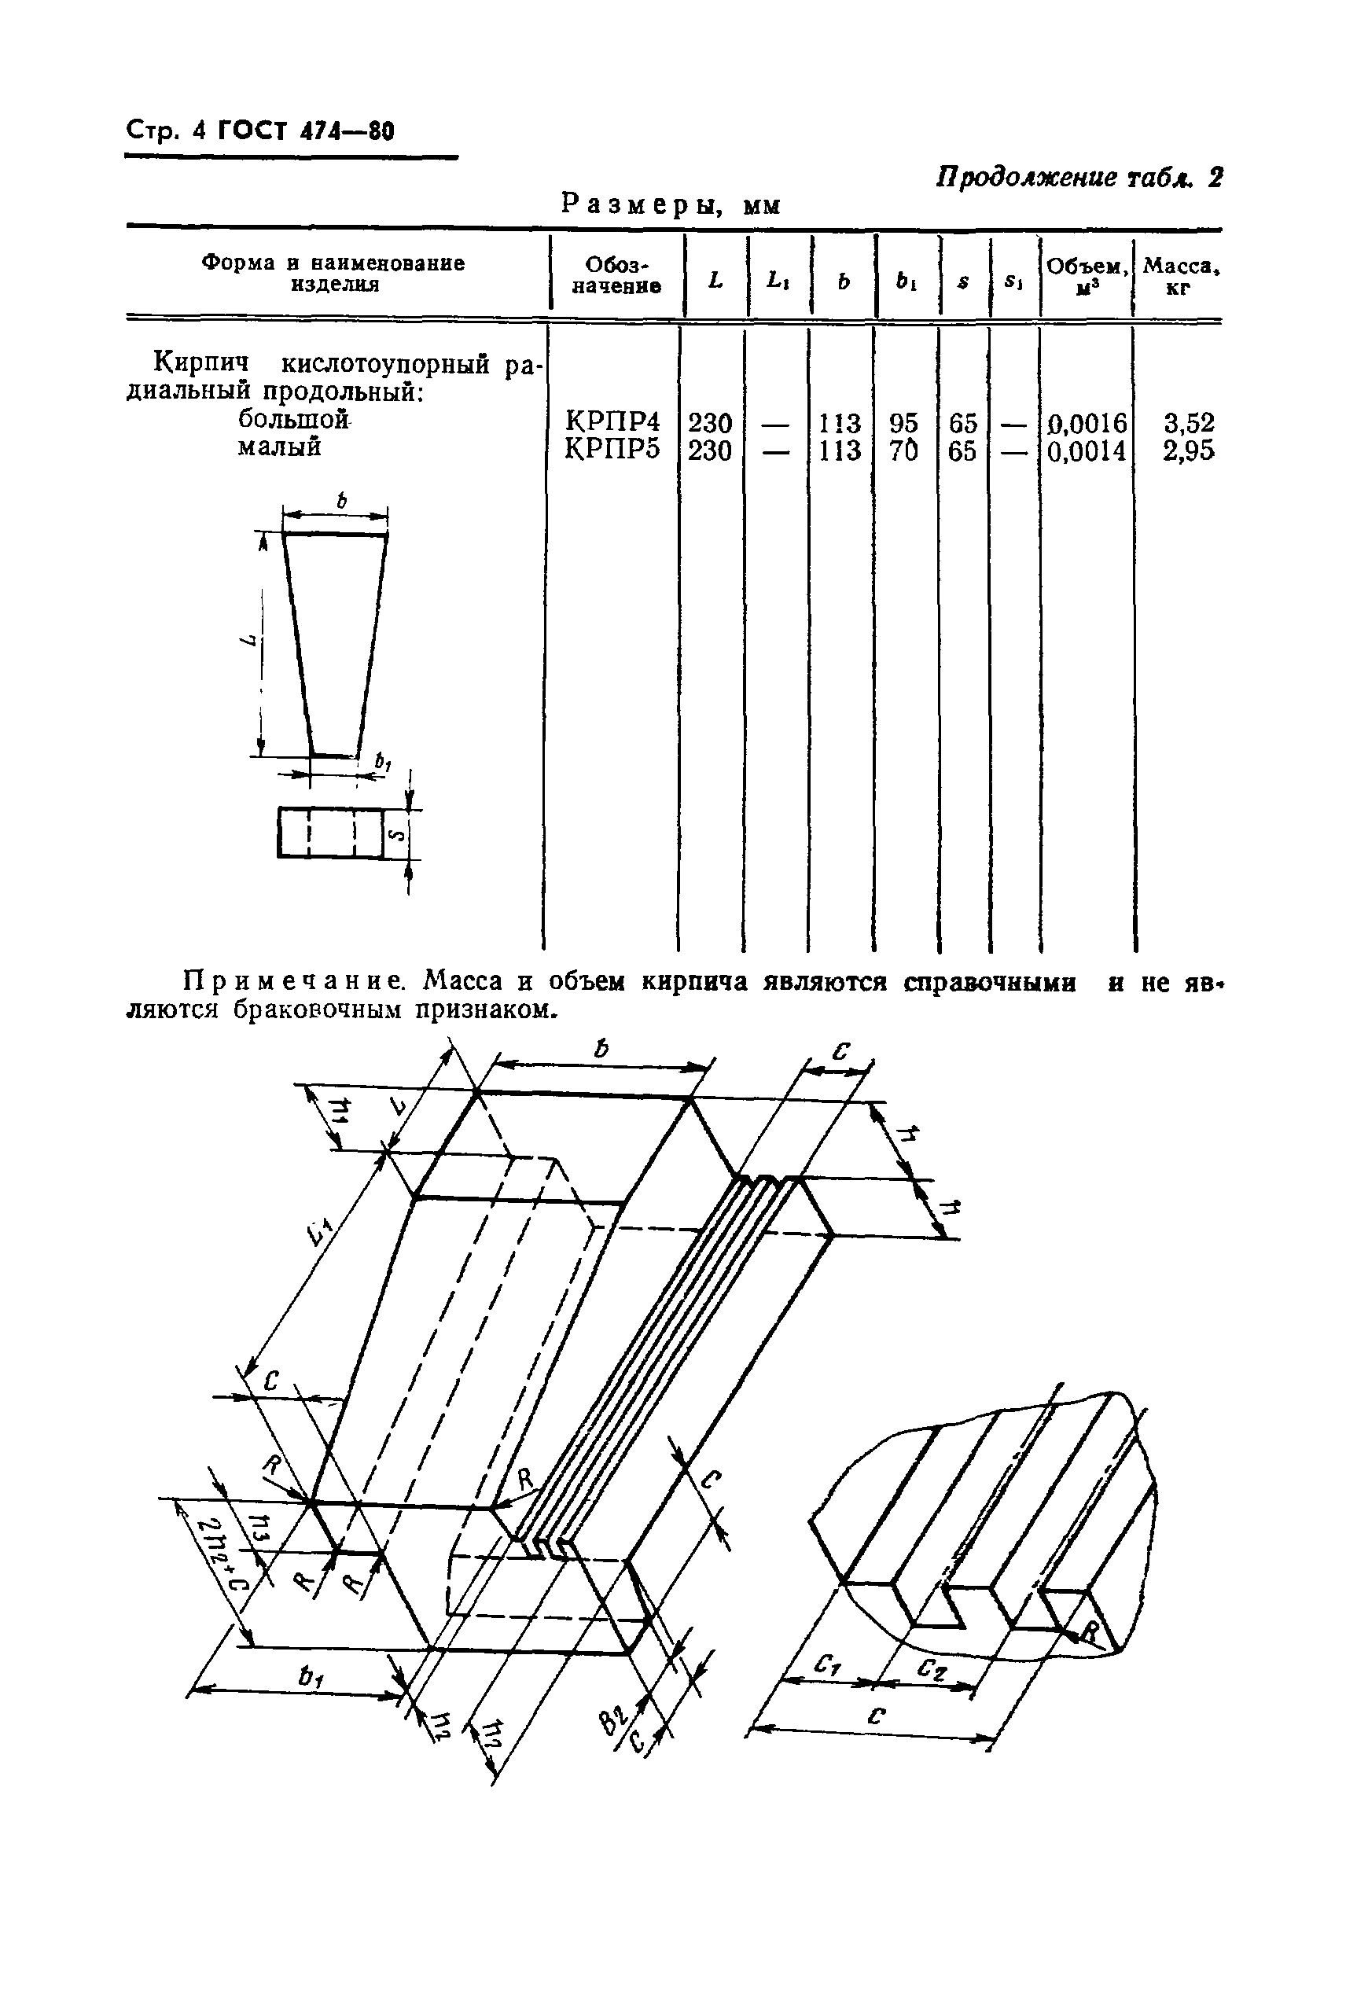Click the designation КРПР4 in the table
click(x=612, y=423)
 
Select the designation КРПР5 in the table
click(x=612, y=450)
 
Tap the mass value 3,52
click(x=1188, y=423)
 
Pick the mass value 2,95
click(x=1188, y=450)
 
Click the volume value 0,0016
click(x=1087, y=423)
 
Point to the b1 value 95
click(x=903, y=423)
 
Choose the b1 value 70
click(x=903, y=450)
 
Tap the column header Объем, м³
click(x=1087, y=275)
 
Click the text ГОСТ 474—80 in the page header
click(x=306, y=131)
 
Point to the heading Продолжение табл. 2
click(x=1078, y=178)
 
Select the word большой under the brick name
click(x=292, y=421)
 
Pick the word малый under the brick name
click(x=279, y=447)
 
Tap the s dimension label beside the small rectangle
click(x=394, y=833)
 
